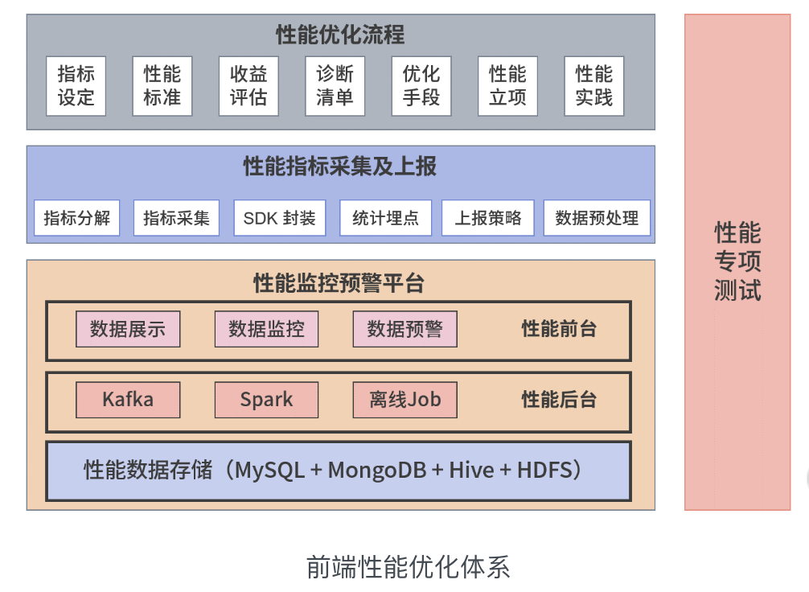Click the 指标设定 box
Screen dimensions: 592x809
pyautogui.click(x=76, y=86)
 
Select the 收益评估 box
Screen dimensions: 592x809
pyautogui.click(x=248, y=86)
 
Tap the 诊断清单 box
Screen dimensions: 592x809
pyautogui.click(x=335, y=86)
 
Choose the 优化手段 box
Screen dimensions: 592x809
pyautogui.click(x=421, y=86)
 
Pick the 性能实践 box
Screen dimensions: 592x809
pyautogui.click(x=594, y=86)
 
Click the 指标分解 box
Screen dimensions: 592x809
pyautogui.click(x=76, y=218)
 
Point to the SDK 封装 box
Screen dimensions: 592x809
pyautogui.click(x=280, y=218)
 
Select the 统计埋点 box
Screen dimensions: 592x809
pyautogui.click(x=385, y=218)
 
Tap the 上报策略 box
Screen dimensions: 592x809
pyautogui.click(x=488, y=218)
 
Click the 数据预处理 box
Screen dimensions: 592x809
pyautogui.click(x=597, y=218)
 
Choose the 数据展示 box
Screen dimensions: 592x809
pyautogui.click(x=128, y=329)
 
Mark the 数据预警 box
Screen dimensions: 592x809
pyautogui.click(x=404, y=329)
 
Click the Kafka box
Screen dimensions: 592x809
pyautogui.click(x=128, y=400)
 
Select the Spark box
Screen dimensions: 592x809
pyautogui.click(x=266, y=400)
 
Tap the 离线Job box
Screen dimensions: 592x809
pyautogui.click(x=404, y=400)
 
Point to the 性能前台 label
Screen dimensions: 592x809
pyautogui.click(x=559, y=329)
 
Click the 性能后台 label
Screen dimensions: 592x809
pyautogui.click(x=559, y=400)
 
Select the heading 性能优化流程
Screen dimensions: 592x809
pyautogui.click(x=340, y=35)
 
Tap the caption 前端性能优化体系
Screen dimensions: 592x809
pyautogui.click(x=408, y=567)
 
